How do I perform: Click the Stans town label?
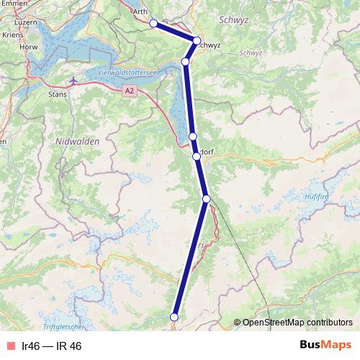[x=56, y=94]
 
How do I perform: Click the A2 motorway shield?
[x=129, y=91]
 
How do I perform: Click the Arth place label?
[x=140, y=12]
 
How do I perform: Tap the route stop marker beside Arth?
[x=153, y=23]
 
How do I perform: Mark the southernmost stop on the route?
[x=174, y=316]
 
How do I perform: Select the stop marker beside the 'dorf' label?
[x=196, y=156]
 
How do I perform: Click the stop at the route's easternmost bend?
[x=197, y=40]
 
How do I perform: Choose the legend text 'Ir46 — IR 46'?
[x=52, y=346]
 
